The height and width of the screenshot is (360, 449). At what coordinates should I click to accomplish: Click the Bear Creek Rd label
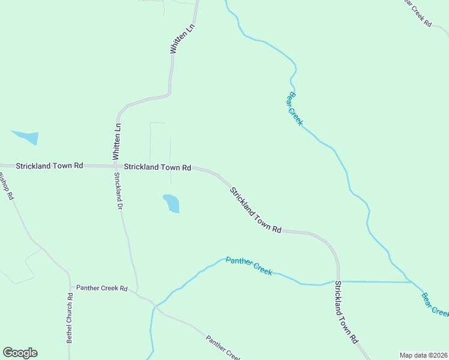[x=420, y=13]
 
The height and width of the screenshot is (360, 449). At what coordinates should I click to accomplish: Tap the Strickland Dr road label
[x=118, y=190]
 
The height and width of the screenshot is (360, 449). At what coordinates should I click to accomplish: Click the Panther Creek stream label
[x=249, y=267]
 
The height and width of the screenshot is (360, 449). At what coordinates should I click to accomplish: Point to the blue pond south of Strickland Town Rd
[x=171, y=203]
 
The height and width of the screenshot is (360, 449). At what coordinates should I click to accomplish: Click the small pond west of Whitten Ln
[x=26, y=137]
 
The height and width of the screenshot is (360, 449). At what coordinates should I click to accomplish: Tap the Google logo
[x=20, y=353]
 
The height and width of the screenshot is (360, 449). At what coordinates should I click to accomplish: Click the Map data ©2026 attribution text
[x=423, y=355]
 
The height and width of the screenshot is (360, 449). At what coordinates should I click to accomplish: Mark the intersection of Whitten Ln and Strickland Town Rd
[x=116, y=166]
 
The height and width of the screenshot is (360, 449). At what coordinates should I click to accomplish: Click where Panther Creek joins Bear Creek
[x=411, y=281]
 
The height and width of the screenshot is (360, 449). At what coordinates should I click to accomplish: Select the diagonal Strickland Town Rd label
[x=256, y=209]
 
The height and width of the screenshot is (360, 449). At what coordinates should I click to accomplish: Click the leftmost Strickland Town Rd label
[x=49, y=165]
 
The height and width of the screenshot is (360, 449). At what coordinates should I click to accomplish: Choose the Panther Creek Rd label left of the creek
[x=101, y=288]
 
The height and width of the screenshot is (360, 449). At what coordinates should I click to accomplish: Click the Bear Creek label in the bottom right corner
[x=435, y=304]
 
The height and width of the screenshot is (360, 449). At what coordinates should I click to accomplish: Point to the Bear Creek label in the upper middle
[x=294, y=108]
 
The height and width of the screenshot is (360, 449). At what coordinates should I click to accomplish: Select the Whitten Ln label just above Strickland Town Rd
[x=118, y=141]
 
